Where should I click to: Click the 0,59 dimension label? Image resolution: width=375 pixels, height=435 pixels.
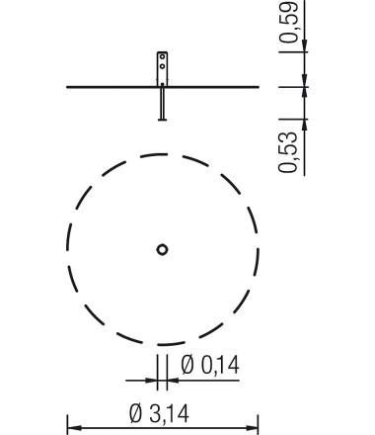click(x=289, y=22)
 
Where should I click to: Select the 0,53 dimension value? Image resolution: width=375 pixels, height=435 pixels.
click(x=288, y=152)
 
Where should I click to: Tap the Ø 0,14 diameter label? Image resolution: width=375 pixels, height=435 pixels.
click(x=210, y=365)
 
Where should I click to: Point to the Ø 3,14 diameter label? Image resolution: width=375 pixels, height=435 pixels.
click(x=160, y=413)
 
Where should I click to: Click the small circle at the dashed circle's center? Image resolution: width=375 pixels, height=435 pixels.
click(x=162, y=249)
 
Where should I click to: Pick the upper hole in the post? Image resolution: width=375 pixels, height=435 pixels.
click(x=162, y=56)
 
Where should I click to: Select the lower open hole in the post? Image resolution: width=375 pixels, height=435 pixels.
click(x=162, y=66)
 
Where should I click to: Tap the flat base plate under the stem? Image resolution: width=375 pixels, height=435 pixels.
click(x=162, y=120)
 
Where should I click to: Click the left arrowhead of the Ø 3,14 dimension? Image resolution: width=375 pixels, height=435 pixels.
click(x=74, y=428)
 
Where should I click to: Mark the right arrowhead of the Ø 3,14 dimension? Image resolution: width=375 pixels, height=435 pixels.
click(x=252, y=428)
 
